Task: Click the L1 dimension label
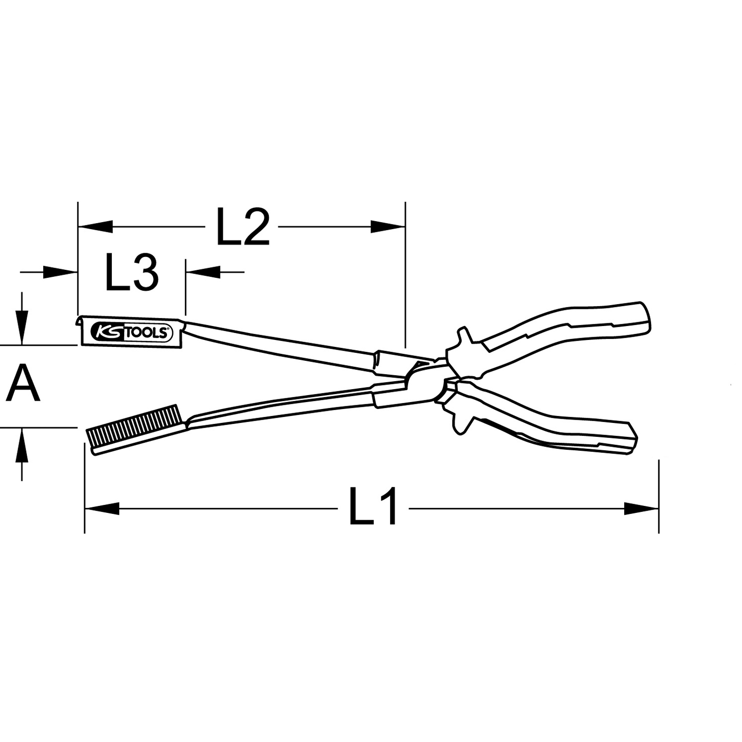pyautogui.click(x=373, y=506)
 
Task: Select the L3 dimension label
pyautogui.click(x=132, y=272)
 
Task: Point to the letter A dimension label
pyautogui.click(x=23, y=383)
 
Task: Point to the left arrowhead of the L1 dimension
pyautogui.click(x=102, y=508)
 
